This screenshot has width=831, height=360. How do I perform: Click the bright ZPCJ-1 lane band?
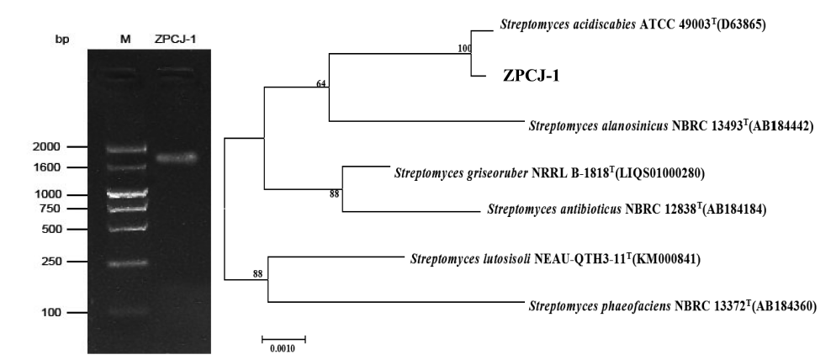[177, 157]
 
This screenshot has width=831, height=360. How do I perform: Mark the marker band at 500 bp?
[126, 229]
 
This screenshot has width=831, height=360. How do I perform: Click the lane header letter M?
[125, 40]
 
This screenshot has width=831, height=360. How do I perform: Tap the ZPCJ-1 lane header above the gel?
[176, 40]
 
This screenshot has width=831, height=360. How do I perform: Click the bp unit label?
[62, 40]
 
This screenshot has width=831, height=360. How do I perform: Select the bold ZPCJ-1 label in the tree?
[531, 77]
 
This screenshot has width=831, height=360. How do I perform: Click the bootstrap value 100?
[464, 48]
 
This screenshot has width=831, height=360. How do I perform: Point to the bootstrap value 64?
[321, 83]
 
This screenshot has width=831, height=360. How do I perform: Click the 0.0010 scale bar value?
[283, 348]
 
